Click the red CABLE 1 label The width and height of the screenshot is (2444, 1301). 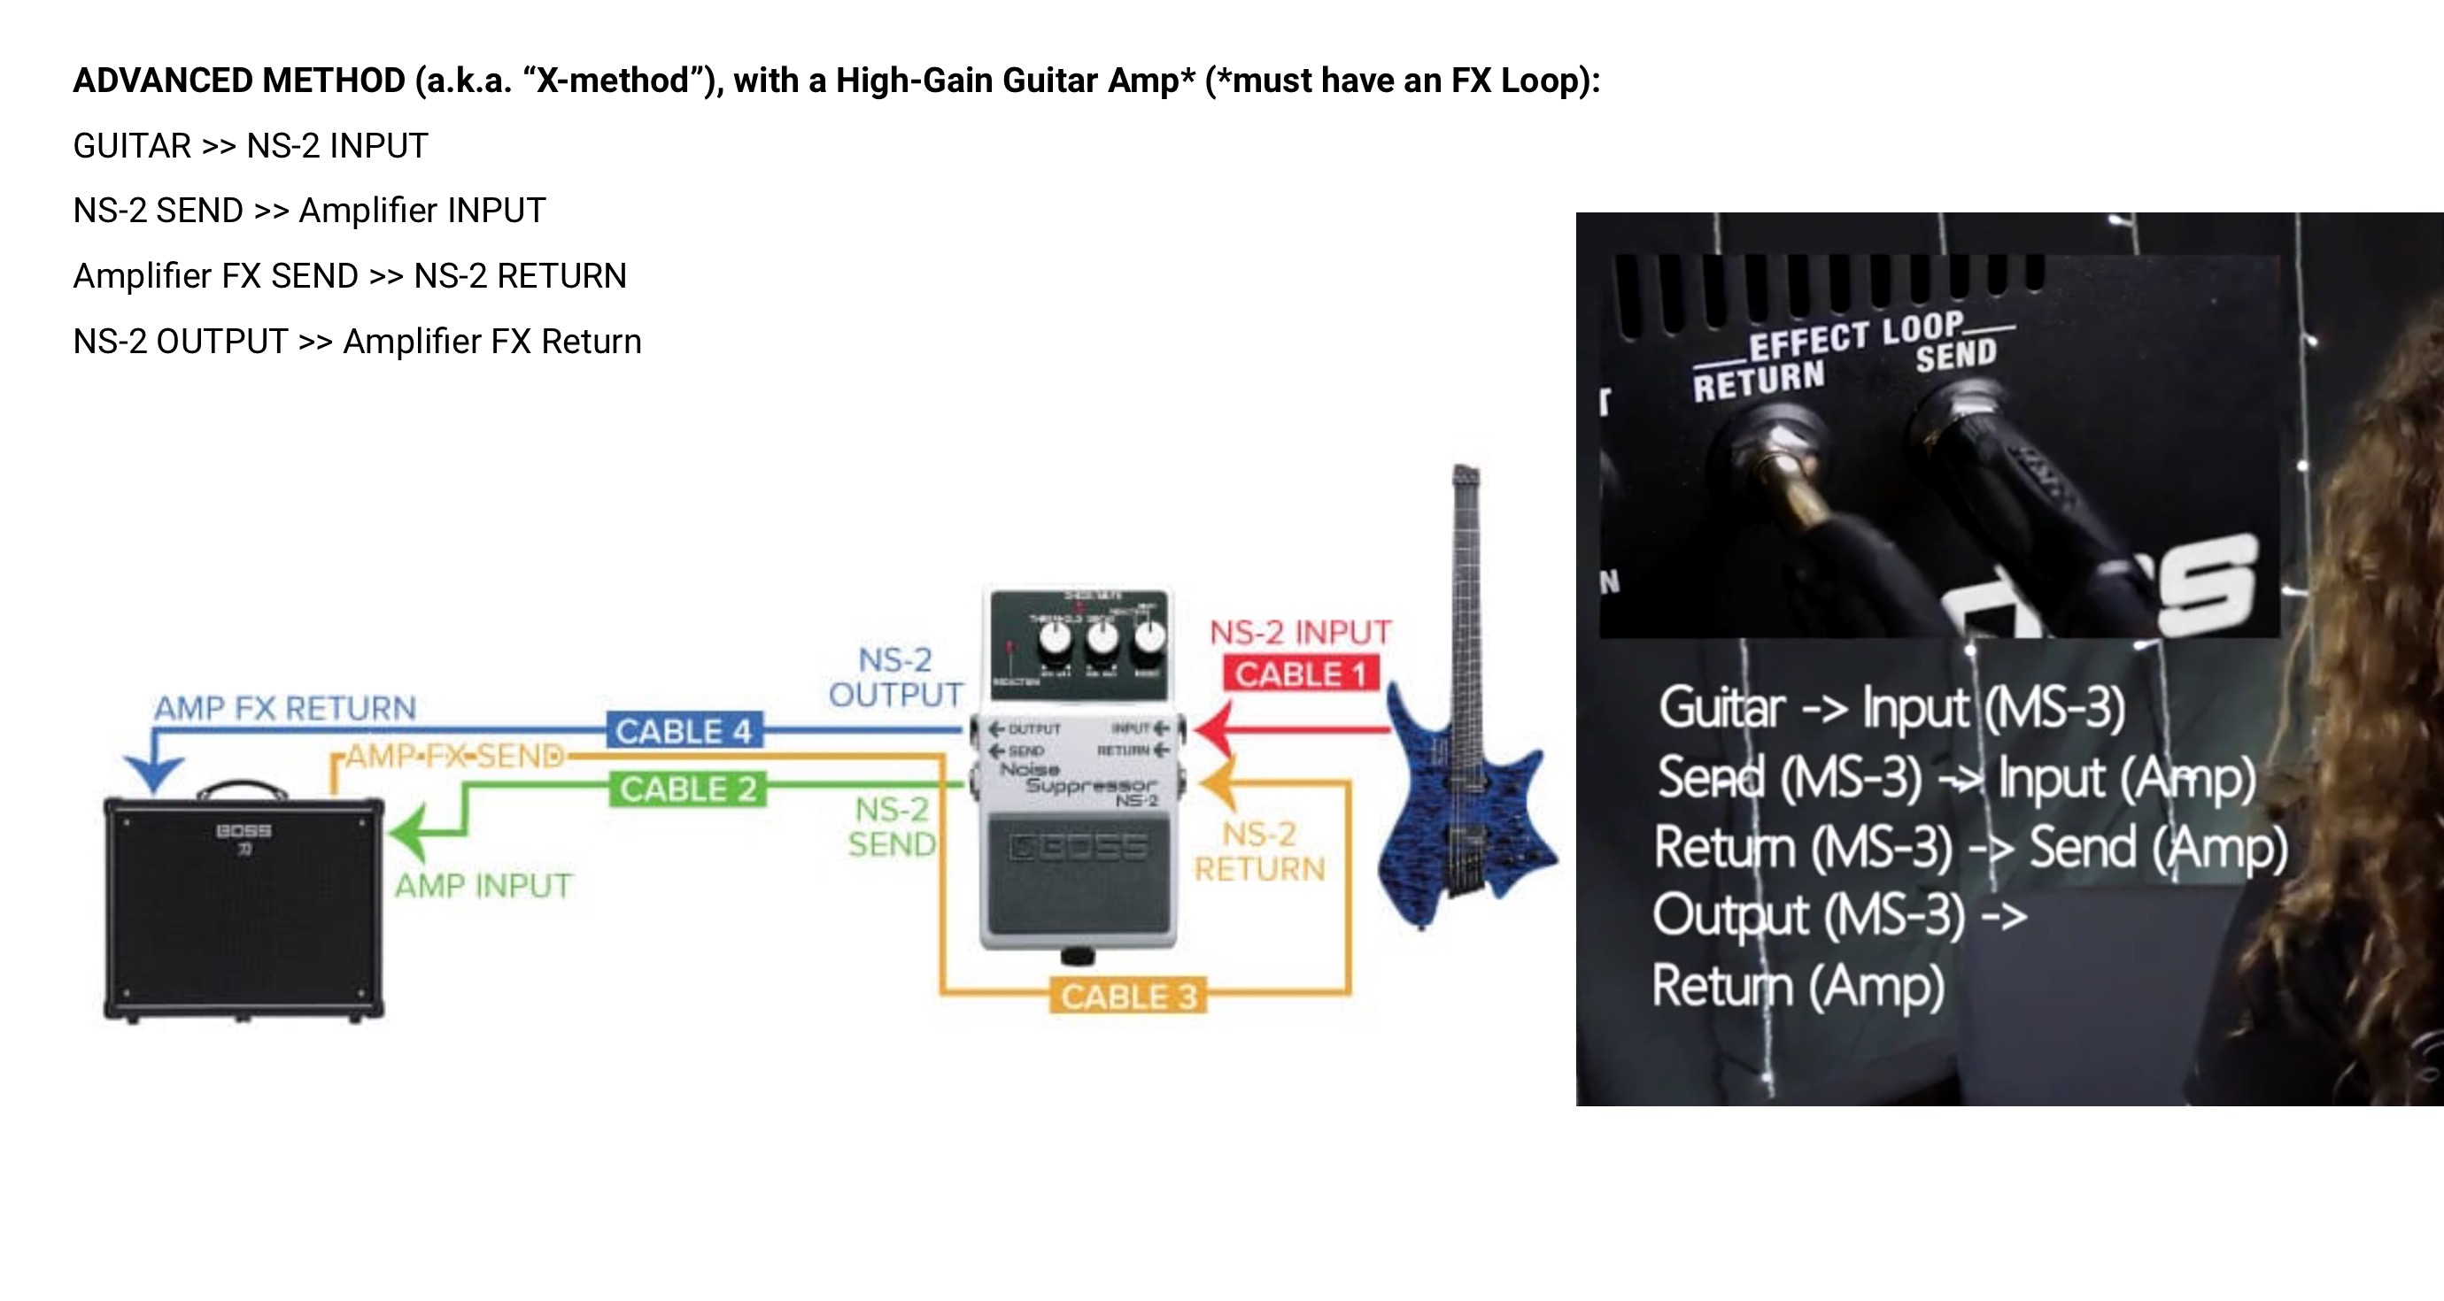click(x=1300, y=674)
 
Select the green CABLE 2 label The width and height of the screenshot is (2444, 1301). click(x=688, y=789)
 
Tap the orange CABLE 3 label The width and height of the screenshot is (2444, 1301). click(x=1128, y=997)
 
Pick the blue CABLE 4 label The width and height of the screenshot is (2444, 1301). click(x=683, y=731)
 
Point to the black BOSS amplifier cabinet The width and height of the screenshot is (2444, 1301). click(x=244, y=908)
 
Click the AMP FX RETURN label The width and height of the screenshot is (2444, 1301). click(x=284, y=707)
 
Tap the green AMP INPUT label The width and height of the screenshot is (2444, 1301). click(x=483, y=886)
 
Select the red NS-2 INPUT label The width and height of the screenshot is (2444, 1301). click(x=1300, y=633)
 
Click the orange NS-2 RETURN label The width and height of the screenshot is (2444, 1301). click(x=1259, y=851)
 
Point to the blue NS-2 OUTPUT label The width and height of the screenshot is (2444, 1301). click(x=894, y=677)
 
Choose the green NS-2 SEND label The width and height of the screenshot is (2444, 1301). click(x=892, y=826)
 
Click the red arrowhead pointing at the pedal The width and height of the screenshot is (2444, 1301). click(x=1214, y=729)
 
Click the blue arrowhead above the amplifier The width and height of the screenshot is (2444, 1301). click(x=154, y=773)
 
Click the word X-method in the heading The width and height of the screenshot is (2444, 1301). click(x=613, y=81)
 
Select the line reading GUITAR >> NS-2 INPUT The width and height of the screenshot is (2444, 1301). click(x=251, y=146)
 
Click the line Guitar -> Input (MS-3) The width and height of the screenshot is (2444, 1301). click(x=1891, y=707)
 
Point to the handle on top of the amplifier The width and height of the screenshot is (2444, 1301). click(x=242, y=788)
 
